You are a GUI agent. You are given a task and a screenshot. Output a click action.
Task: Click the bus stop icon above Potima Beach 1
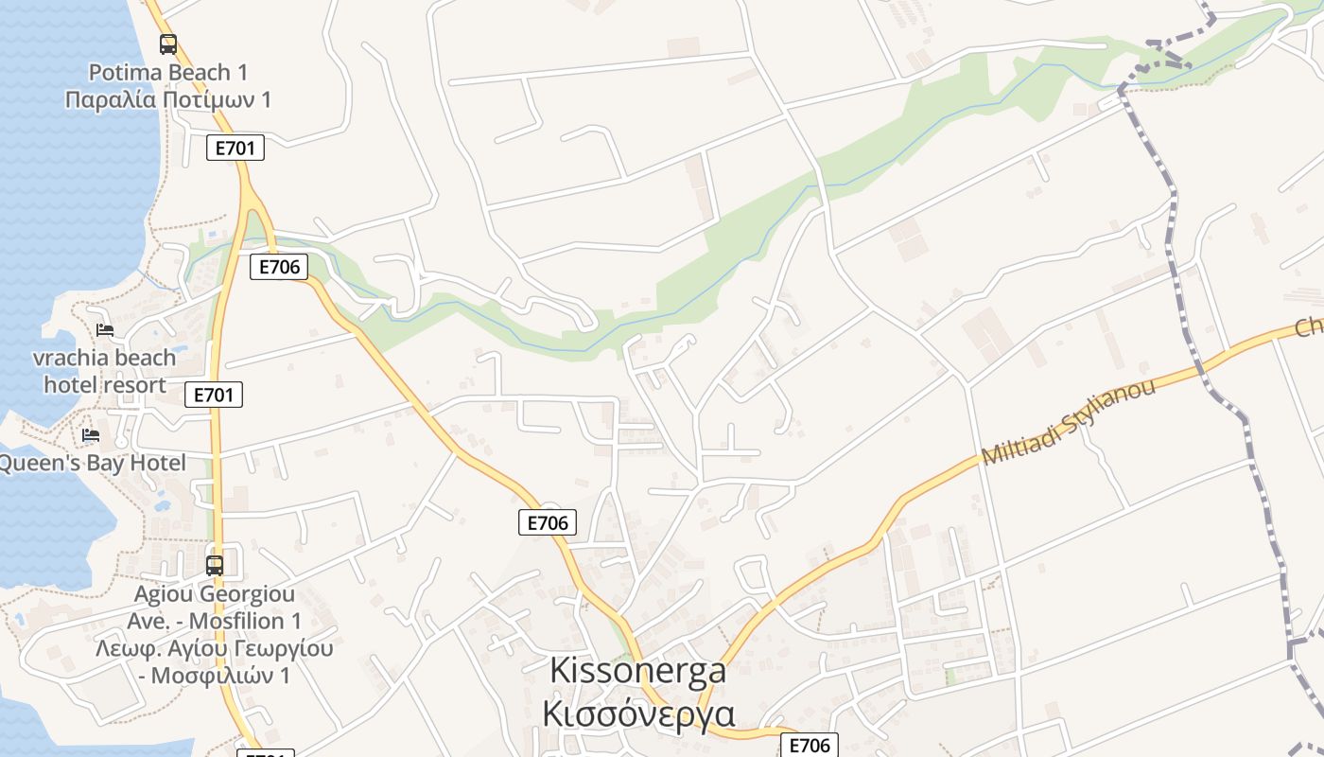(168, 44)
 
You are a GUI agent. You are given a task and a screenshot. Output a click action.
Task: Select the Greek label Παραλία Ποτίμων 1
(168, 99)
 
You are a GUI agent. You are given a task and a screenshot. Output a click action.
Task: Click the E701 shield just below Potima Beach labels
(235, 148)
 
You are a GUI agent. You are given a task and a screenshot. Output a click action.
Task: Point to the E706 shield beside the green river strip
(280, 267)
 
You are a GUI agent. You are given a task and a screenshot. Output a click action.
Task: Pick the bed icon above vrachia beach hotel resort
(105, 329)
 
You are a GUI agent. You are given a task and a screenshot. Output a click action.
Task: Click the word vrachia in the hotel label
(65, 358)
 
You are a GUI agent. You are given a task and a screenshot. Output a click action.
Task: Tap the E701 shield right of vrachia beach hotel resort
(213, 395)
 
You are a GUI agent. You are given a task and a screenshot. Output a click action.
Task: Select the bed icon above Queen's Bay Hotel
(91, 434)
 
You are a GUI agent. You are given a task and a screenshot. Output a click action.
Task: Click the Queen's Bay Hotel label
(93, 463)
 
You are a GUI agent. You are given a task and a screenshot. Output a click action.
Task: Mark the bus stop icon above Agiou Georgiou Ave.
(215, 566)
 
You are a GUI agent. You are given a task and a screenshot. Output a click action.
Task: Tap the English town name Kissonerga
(637, 670)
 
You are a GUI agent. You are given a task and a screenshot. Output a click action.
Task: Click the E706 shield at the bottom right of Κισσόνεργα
(810, 745)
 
